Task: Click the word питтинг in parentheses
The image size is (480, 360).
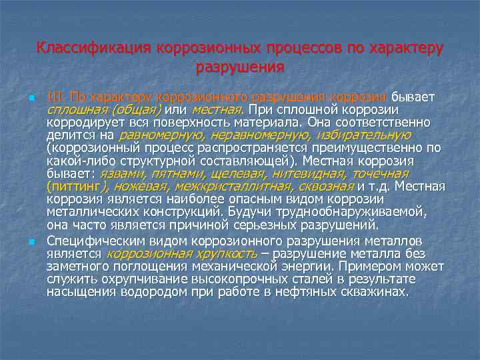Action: pyautogui.click(x=77, y=186)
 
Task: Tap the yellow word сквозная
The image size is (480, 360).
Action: pyautogui.click(x=326, y=186)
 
